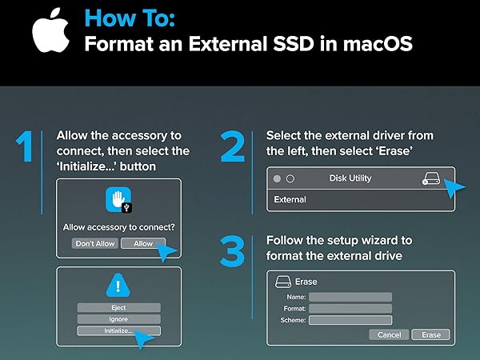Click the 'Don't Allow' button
pyautogui.click(x=94, y=243)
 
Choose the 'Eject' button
pyautogui.click(x=118, y=307)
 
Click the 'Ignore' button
pyautogui.click(x=118, y=318)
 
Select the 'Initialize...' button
pyautogui.click(x=118, y=330)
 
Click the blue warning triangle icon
pyautogui.click(x=118, y=286)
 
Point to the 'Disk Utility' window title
pyautogui.click(x=350, y=178)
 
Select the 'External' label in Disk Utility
pyautogui.click(x=290, y=199)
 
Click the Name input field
pyautogui.click(x=350, y=297)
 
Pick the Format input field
pyautogui.click(x=350, y=308)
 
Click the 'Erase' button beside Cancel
pyautogui.click(x=431, y=334)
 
